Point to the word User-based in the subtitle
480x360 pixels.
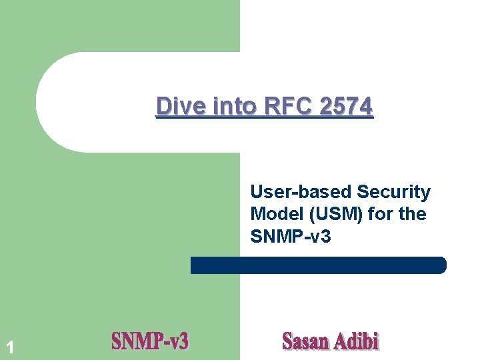pyautogui.click(x=301, y=193)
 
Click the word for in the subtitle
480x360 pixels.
pyautogui.click(x=382, y=215)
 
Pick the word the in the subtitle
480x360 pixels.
pyautogui.click(x=413, y=215)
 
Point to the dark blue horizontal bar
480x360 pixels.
pyautogui.click(x=318, y=265)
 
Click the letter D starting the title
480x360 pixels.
pyautogui.click(x=163, y=106)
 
